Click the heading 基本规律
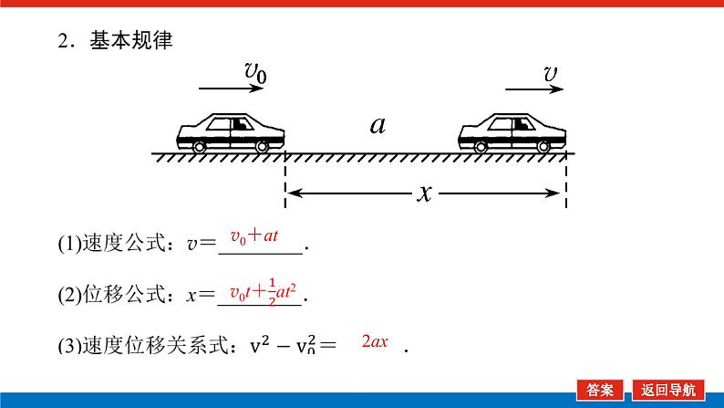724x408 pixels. pyautogui.click(x=130, y=41)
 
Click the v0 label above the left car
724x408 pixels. pyautogui.click(x=255, y=71)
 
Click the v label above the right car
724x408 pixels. pyautogui.click(x=552, y=71)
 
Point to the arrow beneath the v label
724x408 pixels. pyautogui.click(x=535, y=89)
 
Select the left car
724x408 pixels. pyautogui.click(x=231, y=132)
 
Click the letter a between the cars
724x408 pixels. pyautogui.click(x=378, y=124)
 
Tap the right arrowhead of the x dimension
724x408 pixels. pyautogui.click(x=553, y=192)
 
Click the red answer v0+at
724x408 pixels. pyautogui.click(x=253, y=237)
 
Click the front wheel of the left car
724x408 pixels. pyautogui.click(x=263, y=146)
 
